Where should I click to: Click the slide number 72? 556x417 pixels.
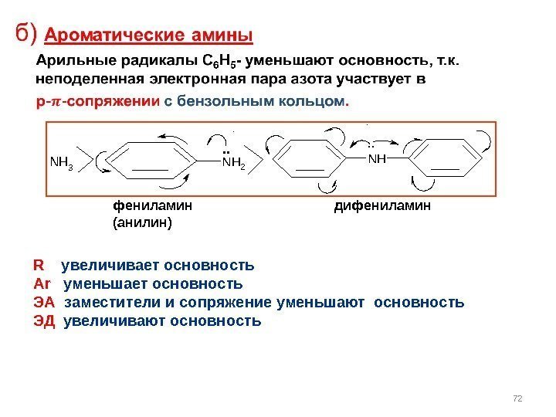518,398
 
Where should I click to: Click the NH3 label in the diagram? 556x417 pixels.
61,163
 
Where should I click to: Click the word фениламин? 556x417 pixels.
153,206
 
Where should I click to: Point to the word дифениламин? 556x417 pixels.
382,206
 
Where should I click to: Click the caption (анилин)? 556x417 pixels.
143,222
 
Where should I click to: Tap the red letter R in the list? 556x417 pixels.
38,266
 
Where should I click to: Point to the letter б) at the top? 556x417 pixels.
27,35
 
